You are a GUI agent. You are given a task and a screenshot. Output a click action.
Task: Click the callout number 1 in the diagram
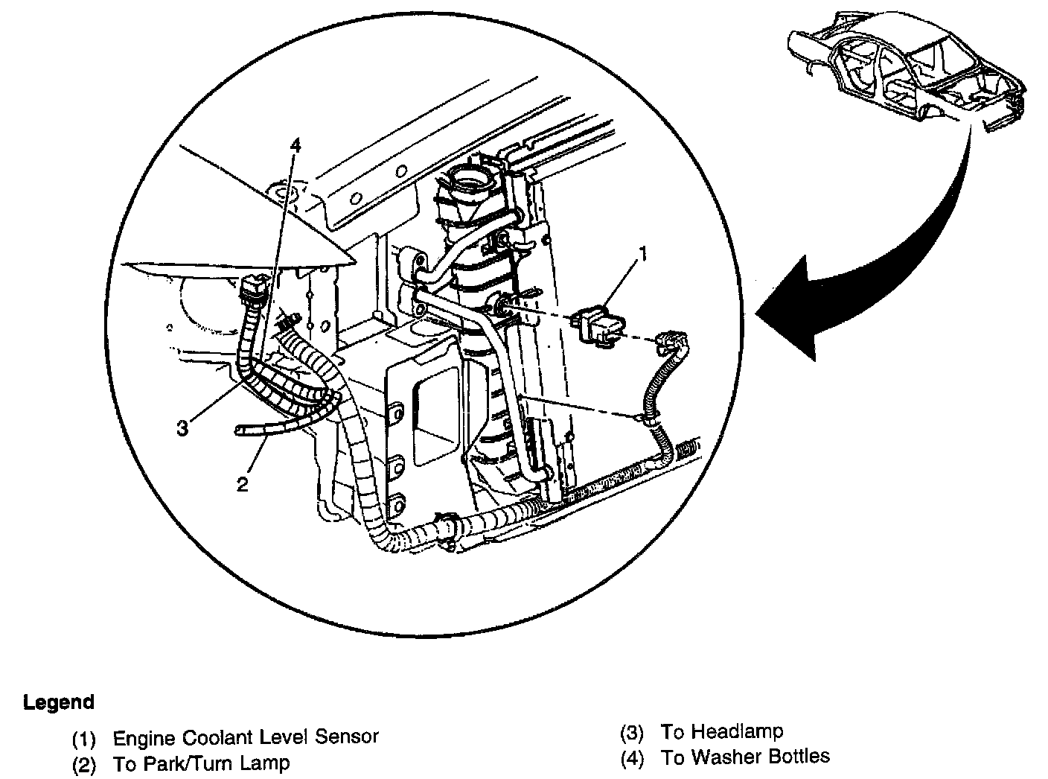643,255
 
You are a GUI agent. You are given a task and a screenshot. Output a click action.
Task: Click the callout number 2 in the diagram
242,484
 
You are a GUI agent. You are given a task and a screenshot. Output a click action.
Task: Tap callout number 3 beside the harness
183,428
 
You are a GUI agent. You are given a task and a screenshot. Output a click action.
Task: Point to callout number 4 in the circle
295,146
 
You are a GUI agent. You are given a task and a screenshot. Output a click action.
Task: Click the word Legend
59,702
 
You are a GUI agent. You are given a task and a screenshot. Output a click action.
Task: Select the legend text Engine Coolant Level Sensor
246,737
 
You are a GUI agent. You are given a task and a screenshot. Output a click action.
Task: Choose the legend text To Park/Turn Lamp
201,763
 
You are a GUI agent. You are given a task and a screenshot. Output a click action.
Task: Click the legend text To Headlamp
721,731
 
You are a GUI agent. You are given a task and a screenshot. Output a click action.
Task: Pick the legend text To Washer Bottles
745,757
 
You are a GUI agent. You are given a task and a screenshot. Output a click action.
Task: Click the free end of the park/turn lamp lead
240,430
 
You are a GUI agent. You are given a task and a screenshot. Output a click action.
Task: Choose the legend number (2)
84,764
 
